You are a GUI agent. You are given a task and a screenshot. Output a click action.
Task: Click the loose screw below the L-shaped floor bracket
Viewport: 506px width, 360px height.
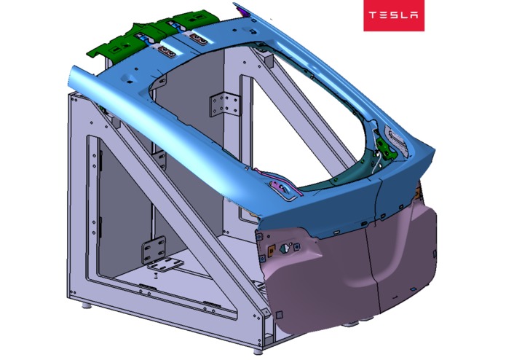click(157, 276)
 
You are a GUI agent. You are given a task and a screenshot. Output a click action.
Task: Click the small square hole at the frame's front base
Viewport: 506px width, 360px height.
click(279, 314)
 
